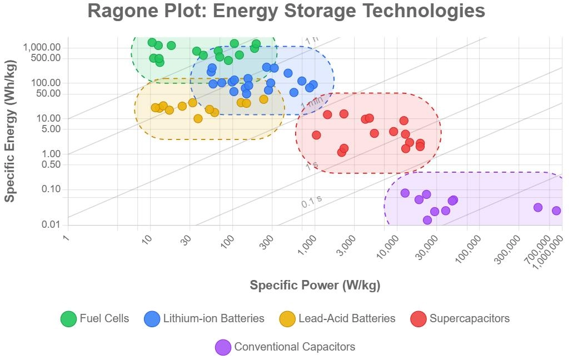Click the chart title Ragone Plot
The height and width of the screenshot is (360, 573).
click(x=286, y=11)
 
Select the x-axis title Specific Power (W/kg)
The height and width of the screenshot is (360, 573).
click(x=315, y=285)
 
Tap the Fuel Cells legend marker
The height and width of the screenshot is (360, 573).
click(x=68, y=319)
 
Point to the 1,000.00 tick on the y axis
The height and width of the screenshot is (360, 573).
click(x=42, y=48)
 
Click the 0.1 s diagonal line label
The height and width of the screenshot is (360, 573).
click(x=311, y=202)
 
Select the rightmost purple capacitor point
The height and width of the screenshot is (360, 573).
click(x=556, y=211)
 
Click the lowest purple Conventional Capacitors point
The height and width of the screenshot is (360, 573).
click(x=427, y=220)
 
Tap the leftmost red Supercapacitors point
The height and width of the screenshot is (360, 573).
click(x=316, y=135)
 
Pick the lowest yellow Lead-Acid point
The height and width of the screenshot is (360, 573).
click(x=198, y=118)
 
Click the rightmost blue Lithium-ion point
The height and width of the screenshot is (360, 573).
click(x=313, y=85)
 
